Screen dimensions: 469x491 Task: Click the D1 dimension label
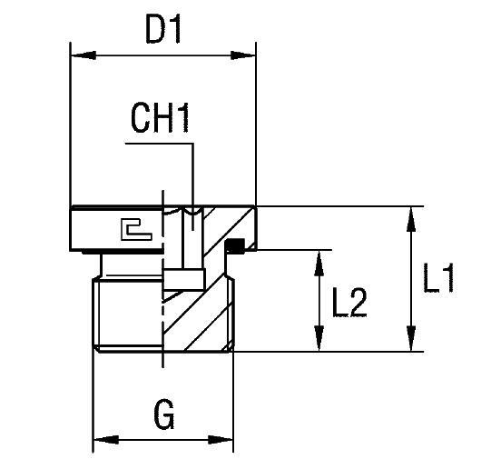(164, 33)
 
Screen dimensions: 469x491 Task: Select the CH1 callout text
(161, 118)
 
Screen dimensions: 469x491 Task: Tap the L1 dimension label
(439, 280)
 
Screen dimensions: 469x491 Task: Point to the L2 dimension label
(349, 303)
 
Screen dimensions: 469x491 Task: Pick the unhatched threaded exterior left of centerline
(127, 314)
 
